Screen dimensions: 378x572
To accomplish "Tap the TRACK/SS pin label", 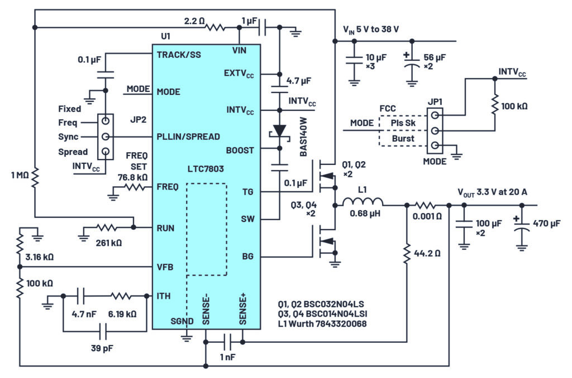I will [179, 55].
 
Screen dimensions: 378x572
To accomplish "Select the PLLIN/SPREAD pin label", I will [189, 137].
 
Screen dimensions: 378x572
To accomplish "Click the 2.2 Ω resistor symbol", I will [214, 26].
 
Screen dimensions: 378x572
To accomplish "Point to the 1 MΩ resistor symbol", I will [35, 177].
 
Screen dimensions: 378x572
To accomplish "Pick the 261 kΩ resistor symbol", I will [106, 227].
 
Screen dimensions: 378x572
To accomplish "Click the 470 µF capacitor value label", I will [546, 224].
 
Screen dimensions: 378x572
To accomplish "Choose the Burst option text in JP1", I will [403, 138].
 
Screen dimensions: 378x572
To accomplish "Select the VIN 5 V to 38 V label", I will [370, 30].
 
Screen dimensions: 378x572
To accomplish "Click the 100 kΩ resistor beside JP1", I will [494, 105].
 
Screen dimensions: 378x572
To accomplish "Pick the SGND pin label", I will [182, 321].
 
